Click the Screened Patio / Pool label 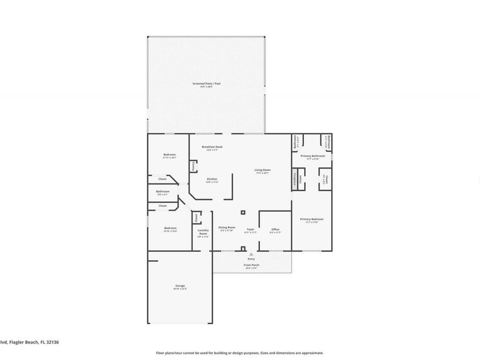click(x=206, y=84)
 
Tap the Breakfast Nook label click(x=212, y=147)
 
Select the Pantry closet click(x=193, y=166)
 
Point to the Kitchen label click(x=212, y=179)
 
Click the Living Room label click(x=262, y=170)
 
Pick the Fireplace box click(x=294, y=179)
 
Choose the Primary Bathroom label click(x=313, y=156)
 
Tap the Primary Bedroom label click(x=311, y=219)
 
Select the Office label click(x=275, y=229)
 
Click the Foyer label click(x=250, y=229)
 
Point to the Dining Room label click(x=227, y=227)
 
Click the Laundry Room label click(x=203, y=232)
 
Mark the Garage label click(x=180, y=286)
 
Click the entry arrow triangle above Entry click(x=251, y=254)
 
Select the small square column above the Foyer click(x=243, y=212)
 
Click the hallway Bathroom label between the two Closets click(x=163, y=191)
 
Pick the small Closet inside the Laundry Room click(x=196, y=217)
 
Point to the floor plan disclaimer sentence click(x=239, y=353)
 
